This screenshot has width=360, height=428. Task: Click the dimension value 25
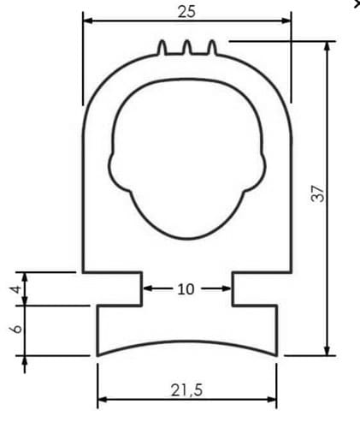point(186,12)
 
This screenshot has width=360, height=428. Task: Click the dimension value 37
point(318,193)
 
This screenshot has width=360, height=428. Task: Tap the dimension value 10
point(186,289)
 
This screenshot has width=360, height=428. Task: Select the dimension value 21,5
point(186,390)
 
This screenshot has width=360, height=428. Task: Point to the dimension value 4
point(16,288)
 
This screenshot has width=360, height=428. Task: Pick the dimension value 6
point(16,329)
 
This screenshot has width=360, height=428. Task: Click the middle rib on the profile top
point(187,48)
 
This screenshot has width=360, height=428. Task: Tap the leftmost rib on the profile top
point(162,48)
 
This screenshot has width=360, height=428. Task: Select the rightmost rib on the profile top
point(212,48)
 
